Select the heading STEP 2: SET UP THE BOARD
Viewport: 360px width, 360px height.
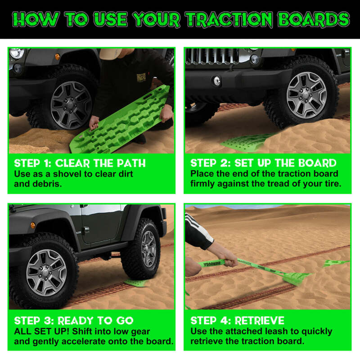[263, 163]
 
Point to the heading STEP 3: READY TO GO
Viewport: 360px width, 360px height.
[74, 321]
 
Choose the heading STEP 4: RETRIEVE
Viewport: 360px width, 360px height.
[237, 321]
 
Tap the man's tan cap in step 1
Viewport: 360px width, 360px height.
[110, 54]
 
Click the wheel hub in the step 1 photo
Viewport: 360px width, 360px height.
[70, 105]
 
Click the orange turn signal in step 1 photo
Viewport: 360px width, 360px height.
[57, 57]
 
